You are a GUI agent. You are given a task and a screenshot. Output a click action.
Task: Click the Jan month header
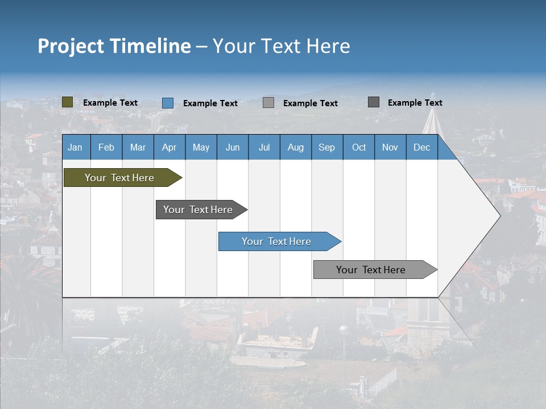click(x=75, y=147)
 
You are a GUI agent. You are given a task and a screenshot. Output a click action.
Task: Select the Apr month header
click(x=169, y=147)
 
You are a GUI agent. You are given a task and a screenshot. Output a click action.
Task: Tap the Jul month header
click(x=264, y=147)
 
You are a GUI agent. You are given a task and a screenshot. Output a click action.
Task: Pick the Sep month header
click(x=326, y=147)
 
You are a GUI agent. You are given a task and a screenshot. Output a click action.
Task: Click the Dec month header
click(x=421, y=147)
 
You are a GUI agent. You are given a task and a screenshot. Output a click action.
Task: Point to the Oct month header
click(x=359, y=147)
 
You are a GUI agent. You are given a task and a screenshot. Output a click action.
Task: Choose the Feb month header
click(x=106, y=147)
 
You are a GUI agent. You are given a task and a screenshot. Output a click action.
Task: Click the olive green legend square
click(x=67, y=102)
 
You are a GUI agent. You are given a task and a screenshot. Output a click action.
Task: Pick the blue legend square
click(x=168, y=103)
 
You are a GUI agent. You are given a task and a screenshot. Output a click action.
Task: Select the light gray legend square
click(x=268, y=103)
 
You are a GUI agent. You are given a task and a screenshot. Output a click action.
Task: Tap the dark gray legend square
click(x=374, y=102)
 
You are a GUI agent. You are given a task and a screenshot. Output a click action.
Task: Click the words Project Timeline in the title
click(x=114, y=46)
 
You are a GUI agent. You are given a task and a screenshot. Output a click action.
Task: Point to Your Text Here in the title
click(x=282, y=46)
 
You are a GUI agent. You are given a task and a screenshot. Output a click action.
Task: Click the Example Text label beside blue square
click(x=210, y=103)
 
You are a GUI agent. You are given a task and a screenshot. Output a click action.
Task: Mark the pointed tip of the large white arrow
click(x=499, y=215)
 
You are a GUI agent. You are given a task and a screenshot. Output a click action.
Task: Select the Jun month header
click(x=233, y=147)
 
